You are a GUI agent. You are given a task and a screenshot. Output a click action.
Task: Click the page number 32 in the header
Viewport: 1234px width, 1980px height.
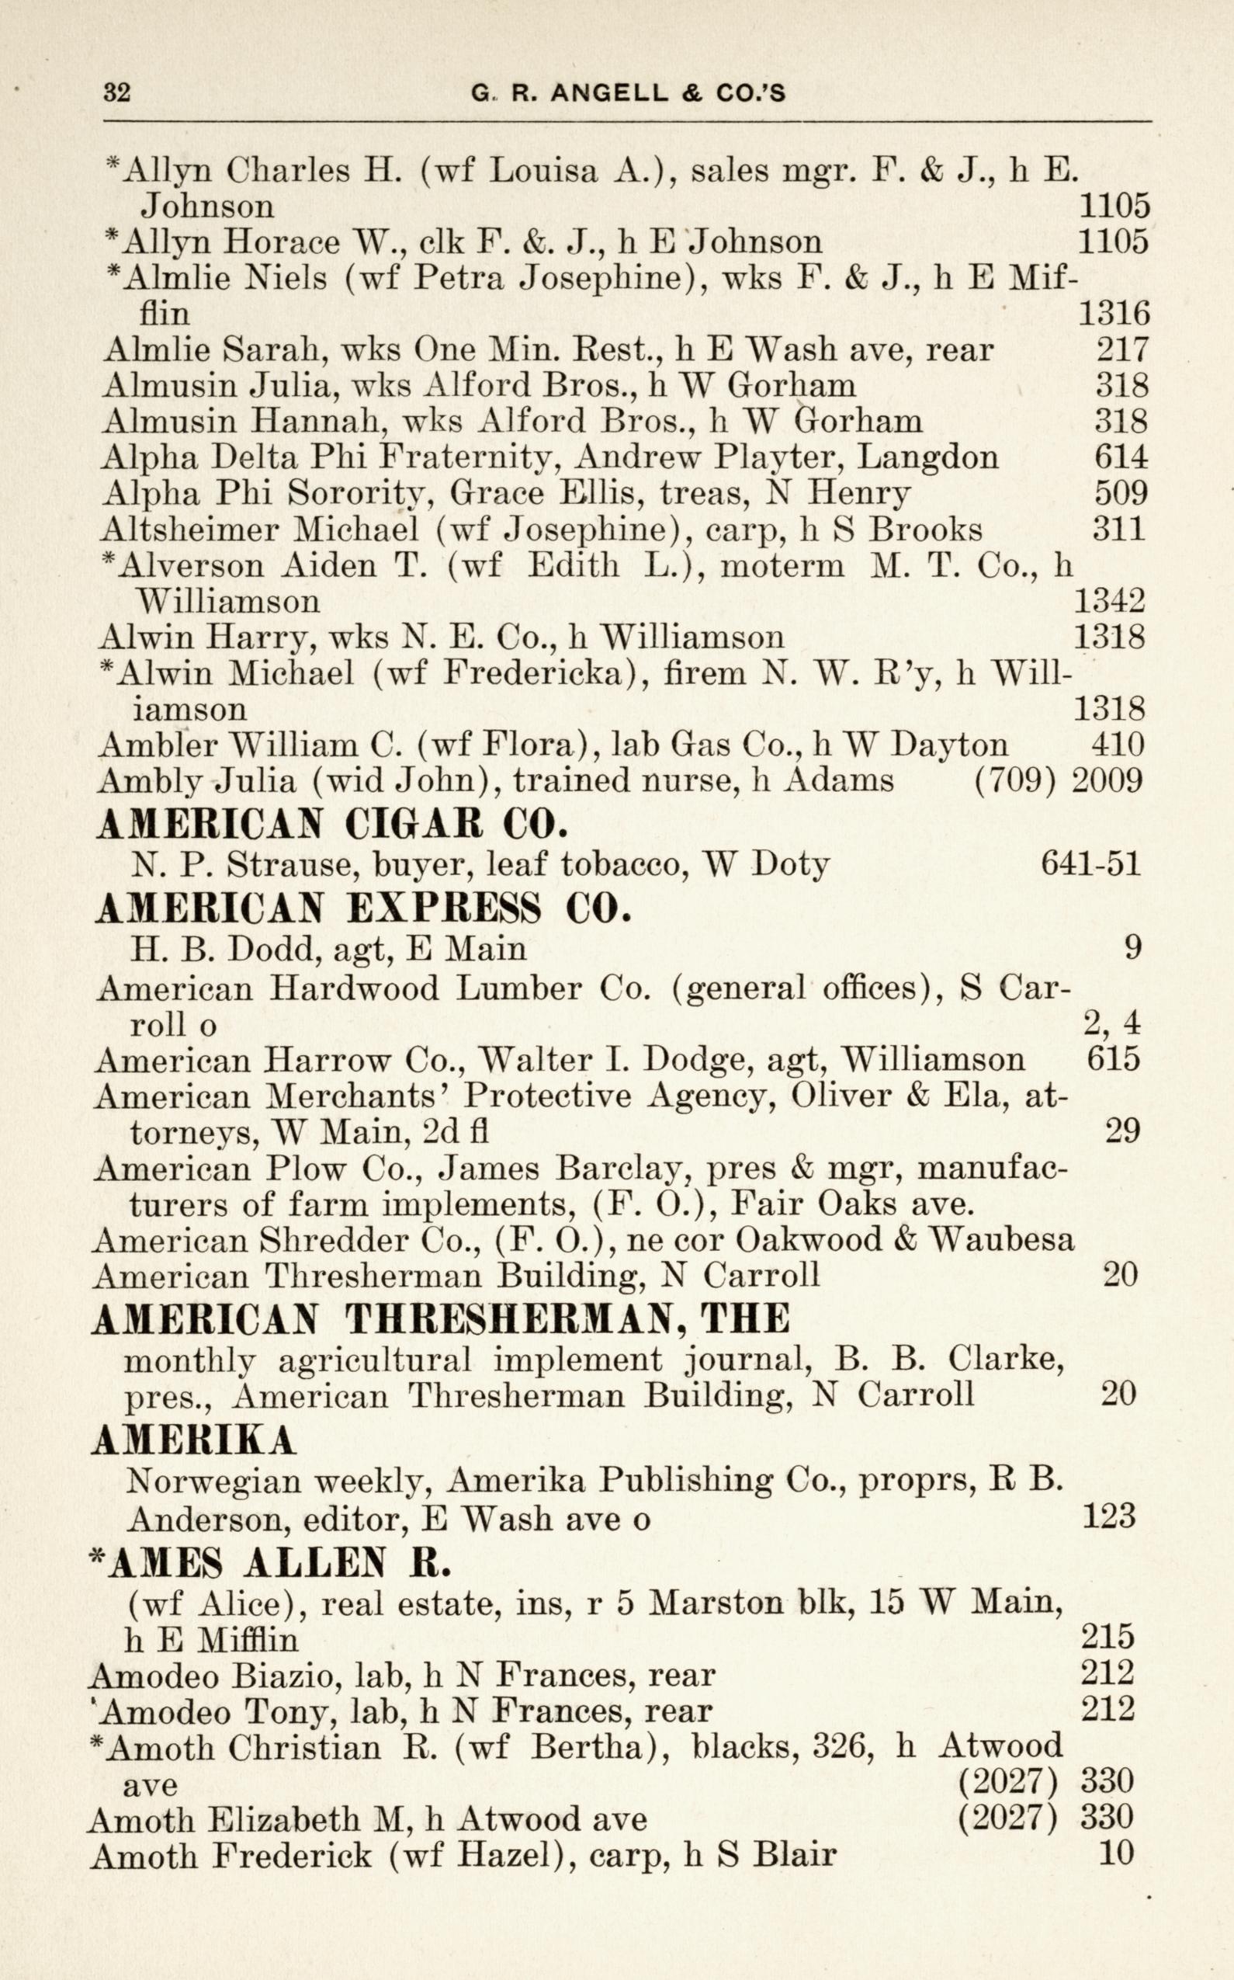click(x=116, y=92)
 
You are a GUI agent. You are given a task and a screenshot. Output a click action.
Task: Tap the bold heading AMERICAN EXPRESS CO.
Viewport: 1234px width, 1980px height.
click(x=363, y=908)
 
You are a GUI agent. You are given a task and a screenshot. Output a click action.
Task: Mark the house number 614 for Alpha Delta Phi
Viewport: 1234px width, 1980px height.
click(x=1121, y=457)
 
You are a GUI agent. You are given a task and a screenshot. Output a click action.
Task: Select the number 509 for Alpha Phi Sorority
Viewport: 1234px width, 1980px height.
click(x=1121, y=492)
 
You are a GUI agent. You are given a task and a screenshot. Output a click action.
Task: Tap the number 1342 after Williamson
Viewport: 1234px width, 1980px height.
click(x=1109, y=601)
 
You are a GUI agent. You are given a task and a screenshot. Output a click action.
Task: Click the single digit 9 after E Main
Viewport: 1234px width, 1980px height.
click(x=1132, y=948)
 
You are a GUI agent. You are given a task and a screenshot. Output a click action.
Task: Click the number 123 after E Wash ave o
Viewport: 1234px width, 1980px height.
click(x=1108, y=1516)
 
